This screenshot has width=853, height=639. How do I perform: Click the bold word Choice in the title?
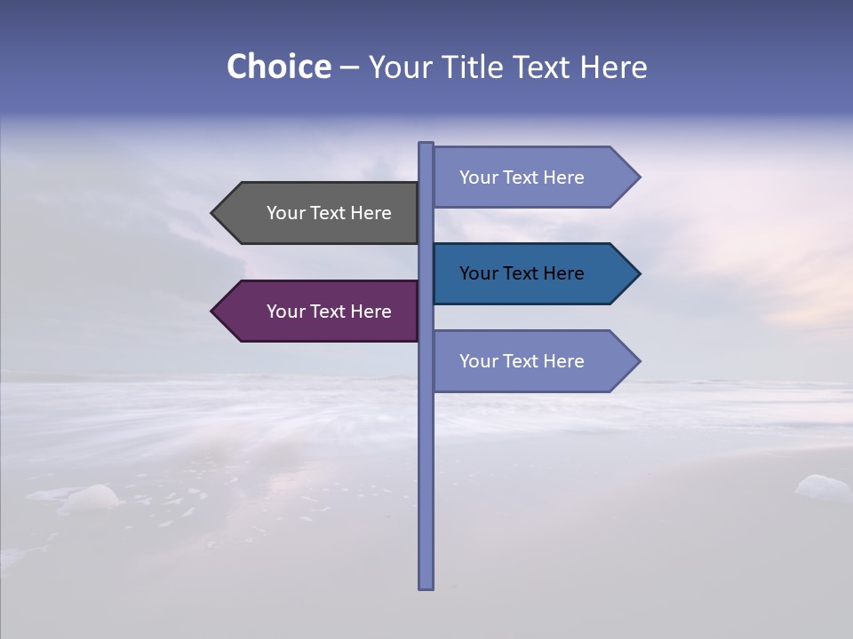278,67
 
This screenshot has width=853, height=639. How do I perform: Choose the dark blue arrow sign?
529,273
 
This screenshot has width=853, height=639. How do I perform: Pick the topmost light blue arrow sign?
529,177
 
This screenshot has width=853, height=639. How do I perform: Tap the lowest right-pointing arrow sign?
529,361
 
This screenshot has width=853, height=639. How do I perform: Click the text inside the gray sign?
329,213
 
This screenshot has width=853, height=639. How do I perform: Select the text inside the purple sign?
329,312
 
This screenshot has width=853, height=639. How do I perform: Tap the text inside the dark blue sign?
522,273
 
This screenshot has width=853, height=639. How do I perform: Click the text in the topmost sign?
522,177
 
